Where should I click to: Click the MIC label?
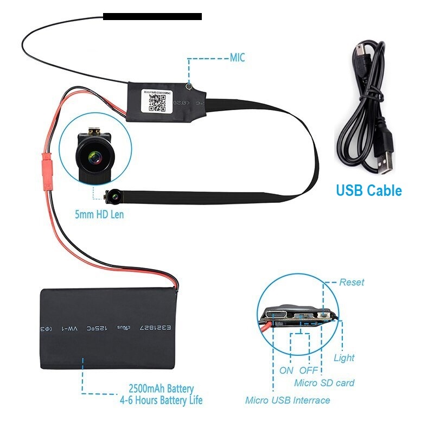click(238, 58)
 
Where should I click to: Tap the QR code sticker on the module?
click(156, 101)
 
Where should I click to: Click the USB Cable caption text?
click(368, 191)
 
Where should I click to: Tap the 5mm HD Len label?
click(99, 215)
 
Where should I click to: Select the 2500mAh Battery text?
click(161, 389)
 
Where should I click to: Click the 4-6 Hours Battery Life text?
click(161, 401)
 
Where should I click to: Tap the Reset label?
click(352, 282)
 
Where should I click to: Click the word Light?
click(344, 358)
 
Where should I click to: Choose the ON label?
click(286, 371)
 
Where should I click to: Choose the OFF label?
click(309, 371)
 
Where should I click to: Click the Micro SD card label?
click(324, 383)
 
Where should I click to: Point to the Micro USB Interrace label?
click(288, 400)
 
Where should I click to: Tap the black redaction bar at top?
click(152, 17)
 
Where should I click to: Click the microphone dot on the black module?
click(188, 85)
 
